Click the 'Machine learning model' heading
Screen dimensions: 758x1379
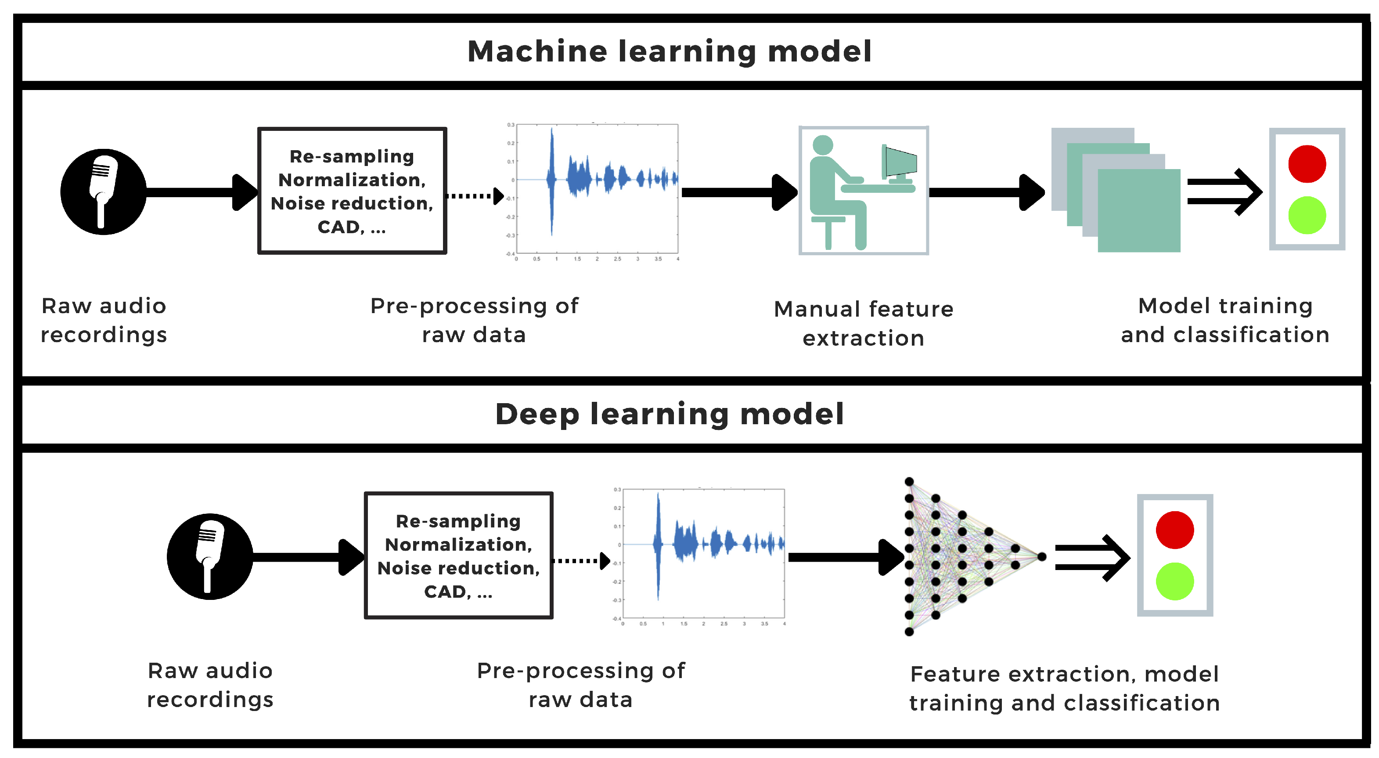click(669, 51)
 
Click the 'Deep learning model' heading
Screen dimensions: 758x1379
click(669, 414)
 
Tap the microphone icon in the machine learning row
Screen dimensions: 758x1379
click(103, 191)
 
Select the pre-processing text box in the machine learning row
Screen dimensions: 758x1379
click(352, 191)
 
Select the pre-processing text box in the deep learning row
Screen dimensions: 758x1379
click(458, 555)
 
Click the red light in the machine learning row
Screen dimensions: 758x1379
click(1307, 164)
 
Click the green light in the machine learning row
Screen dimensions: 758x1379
click(1307, 215)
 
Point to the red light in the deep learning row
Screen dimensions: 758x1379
click(1174, 530)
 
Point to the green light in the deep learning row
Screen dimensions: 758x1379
click(1174, 581)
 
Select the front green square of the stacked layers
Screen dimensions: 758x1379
click(1139, 210)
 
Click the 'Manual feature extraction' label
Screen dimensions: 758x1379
click(863, 323)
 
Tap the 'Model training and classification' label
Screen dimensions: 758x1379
click(1225, 320)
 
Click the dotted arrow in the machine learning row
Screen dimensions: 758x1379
click(474, 196)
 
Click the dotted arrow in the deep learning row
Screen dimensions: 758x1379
click(580, 560)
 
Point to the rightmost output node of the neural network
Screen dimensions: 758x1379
click(1041, 557)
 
